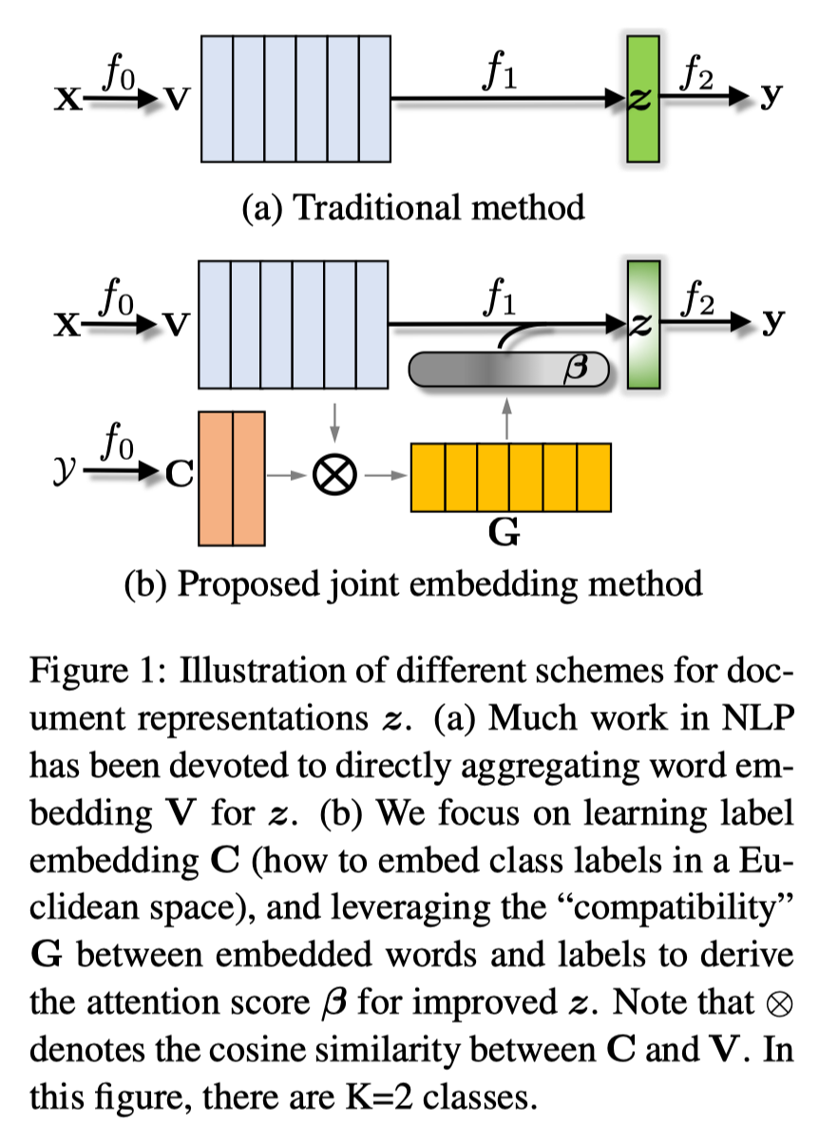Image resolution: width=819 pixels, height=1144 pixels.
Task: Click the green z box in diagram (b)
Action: [642, 324]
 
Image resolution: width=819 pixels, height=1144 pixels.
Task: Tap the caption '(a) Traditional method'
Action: [413, 206]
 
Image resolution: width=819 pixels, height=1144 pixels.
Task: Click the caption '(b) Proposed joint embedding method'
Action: [413, 582]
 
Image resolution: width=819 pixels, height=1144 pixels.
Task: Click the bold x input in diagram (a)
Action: [66, 99]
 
